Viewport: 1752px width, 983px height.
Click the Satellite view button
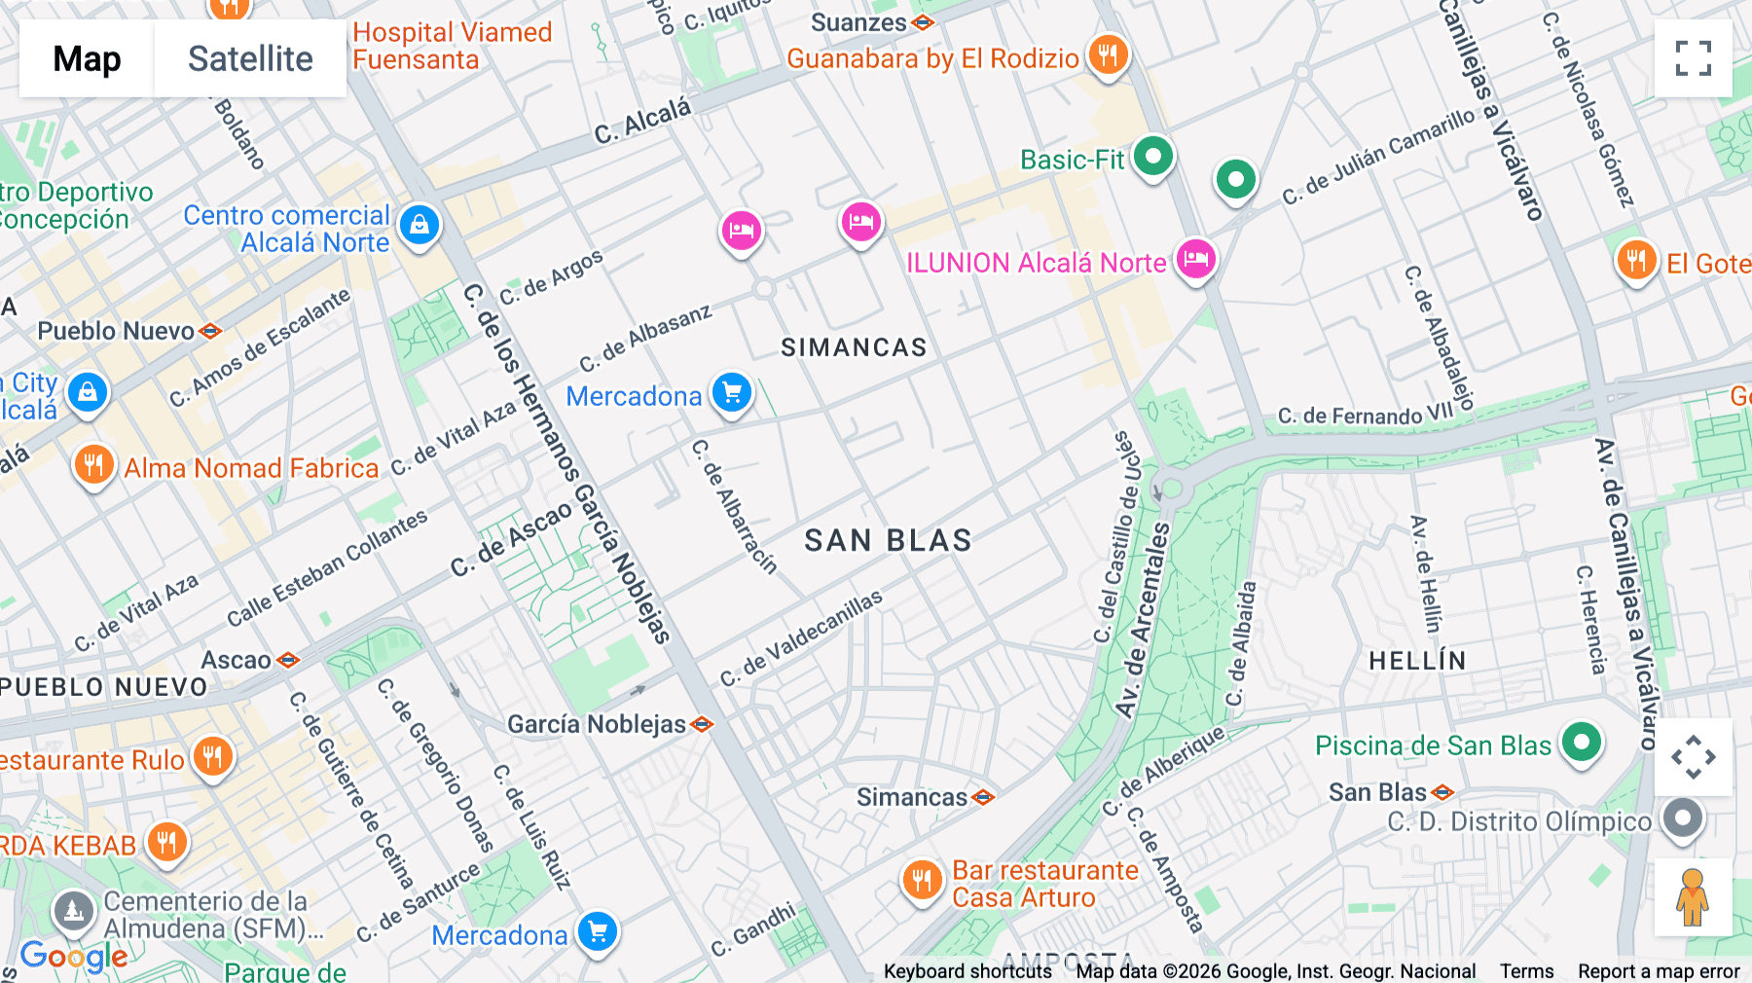250,59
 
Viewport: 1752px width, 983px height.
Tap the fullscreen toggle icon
1693,58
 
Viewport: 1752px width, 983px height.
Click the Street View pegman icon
1693,896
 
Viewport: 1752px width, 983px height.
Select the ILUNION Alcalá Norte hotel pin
1195,259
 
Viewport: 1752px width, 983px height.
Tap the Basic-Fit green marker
1153,156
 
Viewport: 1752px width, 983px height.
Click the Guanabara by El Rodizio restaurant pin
1108,55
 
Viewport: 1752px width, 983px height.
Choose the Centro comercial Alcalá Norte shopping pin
420,225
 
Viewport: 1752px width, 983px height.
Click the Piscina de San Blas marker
1582,743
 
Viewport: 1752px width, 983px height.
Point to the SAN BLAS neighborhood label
888,541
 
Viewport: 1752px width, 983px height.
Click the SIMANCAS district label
854,347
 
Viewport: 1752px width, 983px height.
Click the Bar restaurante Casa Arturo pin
921,880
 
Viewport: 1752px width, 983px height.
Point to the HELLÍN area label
1416,661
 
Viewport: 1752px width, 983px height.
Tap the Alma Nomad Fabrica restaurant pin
94,464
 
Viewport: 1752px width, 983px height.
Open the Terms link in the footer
1526,971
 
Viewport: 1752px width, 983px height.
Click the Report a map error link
1659,971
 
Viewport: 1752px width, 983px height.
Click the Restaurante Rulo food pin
212,756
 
